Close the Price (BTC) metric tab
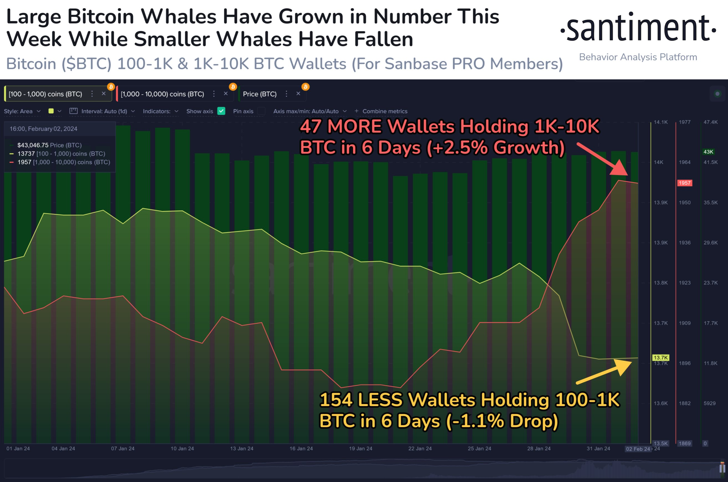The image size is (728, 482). coord(298,94)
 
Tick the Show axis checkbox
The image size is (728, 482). coord(221,111)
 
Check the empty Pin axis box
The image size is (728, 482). coord(261,111)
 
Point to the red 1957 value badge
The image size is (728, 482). coord(684,183)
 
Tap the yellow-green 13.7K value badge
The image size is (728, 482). coord(660,358)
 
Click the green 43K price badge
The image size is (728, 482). coord(708,152)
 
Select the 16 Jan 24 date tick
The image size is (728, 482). coord(301,448)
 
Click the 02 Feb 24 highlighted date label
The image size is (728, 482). coord(638,449)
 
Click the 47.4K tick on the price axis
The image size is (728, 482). coord(711,122)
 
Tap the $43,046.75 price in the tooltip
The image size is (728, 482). coord(33,145)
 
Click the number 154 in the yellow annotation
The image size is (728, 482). coord(336,400)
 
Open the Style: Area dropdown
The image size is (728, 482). coord(22,111)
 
